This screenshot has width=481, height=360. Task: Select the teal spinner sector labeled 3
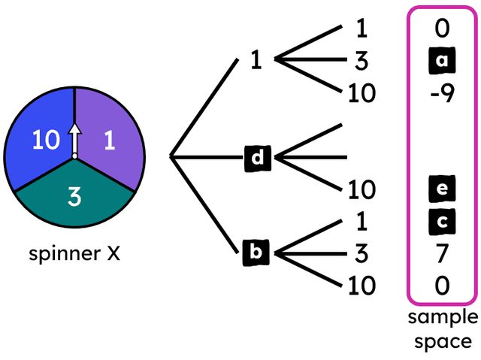pyautogui.click(x=74, y=197)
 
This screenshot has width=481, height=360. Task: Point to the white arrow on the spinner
pyautogui.click(x=74, y=139)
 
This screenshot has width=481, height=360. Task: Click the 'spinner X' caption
pyautogui.click(x=74, y=253)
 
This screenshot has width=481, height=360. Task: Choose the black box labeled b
pyautogui.click(x=256, y=253)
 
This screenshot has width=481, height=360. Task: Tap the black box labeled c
pyautogui.click(x=441, y=221)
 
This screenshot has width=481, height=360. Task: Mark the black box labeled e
pyautogui.click(x=441, y=189)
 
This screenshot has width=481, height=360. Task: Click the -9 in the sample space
pyautogui.click(x=441, y=95)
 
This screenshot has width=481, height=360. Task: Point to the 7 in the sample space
pyautogui.click(x=441, y=253)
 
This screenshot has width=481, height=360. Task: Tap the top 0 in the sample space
pyautogui.click(x=441, y=29)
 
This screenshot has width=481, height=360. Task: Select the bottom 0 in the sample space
pyautogui.click(x=441, y=286)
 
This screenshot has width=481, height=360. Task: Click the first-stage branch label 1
pyautogui.click(x=256, y=60)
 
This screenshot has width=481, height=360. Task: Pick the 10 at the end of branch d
pyautogui.click(x=362, y=189)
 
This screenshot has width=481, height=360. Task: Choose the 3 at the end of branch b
pyautogui.click(x=362, y=253)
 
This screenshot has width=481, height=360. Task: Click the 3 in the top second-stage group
pyautogui.click(x=362, y=61)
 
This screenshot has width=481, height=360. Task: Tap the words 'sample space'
pyautogui.click(x=443, y=328)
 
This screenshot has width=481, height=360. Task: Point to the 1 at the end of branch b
pyautogui.click(x=362, y=221)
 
